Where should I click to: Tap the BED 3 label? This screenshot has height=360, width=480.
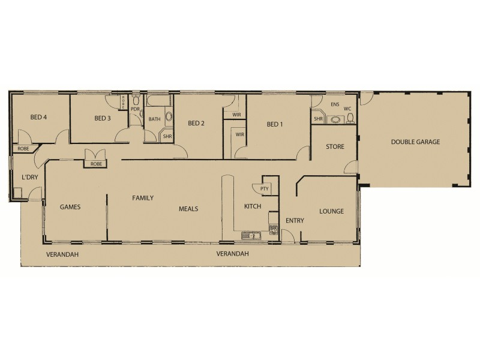click(103, 118)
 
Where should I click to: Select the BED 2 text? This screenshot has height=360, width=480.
click(196, 124)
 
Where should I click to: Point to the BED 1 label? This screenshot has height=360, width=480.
click(274, 124)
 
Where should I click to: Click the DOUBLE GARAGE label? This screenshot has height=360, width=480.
click(415, 142)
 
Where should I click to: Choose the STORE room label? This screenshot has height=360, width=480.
click(334, 146)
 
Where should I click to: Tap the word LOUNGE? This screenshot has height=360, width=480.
click(331, 211)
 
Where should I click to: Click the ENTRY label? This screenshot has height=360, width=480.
click(295, 221)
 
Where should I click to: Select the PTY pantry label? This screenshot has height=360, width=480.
click(264, 188)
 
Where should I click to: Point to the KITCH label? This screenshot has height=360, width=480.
click(252, 206)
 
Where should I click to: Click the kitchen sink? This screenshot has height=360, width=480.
click(250, 235)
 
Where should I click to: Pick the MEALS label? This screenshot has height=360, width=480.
click(188, 209)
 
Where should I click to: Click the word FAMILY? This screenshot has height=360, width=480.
click(143, 197)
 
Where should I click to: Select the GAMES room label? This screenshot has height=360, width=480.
click(70, 206)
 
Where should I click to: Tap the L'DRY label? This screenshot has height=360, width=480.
click(29, 178)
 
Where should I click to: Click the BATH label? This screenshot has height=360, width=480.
click(155, 119)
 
